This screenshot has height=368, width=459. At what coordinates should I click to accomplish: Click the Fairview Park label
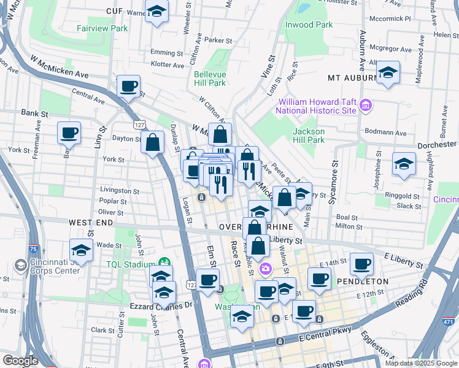click(x=102, y=28)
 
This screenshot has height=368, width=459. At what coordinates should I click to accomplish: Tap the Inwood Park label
click(x=309, y=25)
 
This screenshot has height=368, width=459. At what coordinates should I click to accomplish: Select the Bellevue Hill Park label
click(x=210, y=79)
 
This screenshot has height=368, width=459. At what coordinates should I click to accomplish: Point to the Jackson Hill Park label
click(x=308, y=136)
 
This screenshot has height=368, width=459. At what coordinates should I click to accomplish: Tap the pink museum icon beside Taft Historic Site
click(x=366, y=105)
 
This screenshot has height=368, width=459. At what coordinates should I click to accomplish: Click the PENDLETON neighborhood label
click(x=362, y=281)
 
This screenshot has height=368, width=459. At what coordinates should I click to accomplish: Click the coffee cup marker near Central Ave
click(x=128, y=87)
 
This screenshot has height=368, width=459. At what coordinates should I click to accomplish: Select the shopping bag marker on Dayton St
click(x=152, y=144)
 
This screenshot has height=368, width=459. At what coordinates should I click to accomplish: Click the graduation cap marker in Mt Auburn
click(x=388, y=73)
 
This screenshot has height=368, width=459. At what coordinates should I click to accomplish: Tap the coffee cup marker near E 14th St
click(x=361, y=264)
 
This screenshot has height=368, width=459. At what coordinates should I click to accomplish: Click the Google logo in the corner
click(x=20, y=361)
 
